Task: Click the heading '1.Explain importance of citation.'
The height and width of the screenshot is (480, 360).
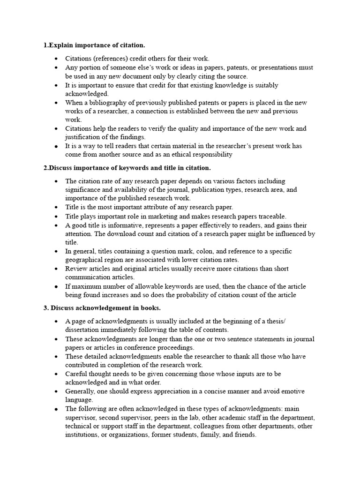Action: [94, 45]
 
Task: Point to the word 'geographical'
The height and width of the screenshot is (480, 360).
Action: [86, 260]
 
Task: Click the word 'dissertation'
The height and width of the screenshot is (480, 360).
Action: [84, 330]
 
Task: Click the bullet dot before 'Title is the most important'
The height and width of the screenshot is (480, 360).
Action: [56, 207]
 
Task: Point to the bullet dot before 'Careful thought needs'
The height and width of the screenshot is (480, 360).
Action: [56, 374]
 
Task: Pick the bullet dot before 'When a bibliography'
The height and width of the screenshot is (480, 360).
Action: [56, 103]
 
